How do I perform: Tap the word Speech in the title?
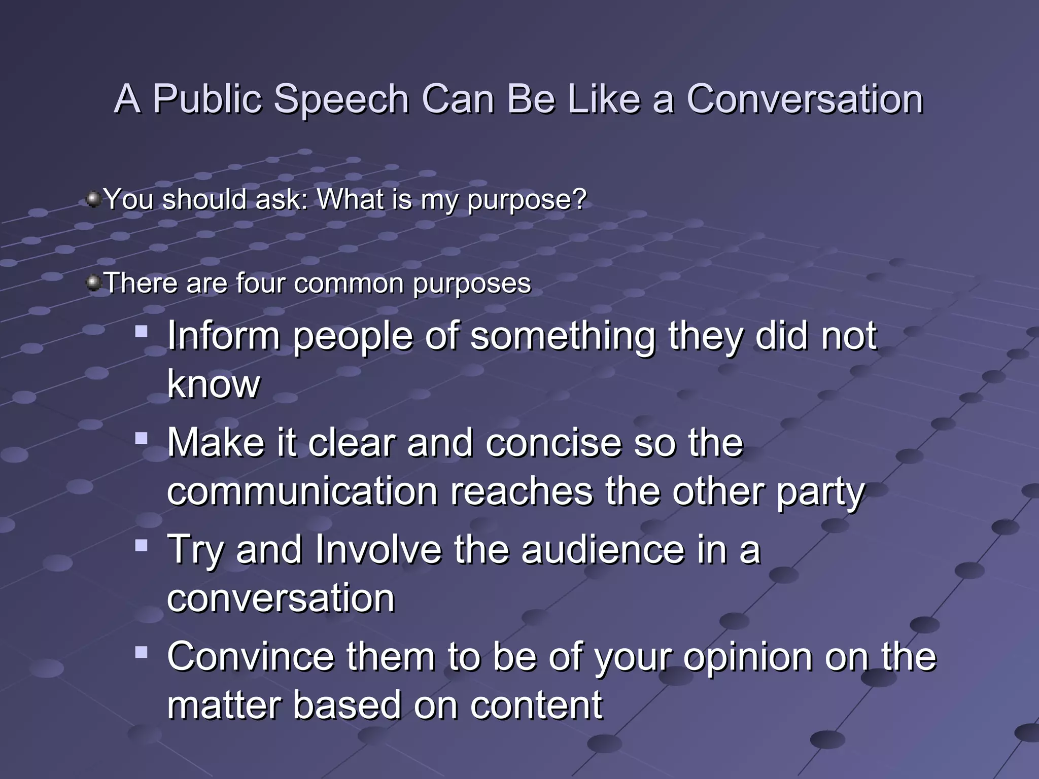341,99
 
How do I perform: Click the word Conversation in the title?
805,99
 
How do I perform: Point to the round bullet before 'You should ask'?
93,199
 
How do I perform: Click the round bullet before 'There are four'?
93,283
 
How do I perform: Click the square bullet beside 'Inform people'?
142,332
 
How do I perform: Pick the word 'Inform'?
223,336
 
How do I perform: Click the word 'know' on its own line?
213,384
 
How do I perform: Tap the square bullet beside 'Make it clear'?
142,438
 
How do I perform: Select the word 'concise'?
553,443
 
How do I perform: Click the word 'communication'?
302,492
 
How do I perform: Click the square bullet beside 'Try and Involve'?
142,546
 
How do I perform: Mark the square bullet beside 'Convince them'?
142,652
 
